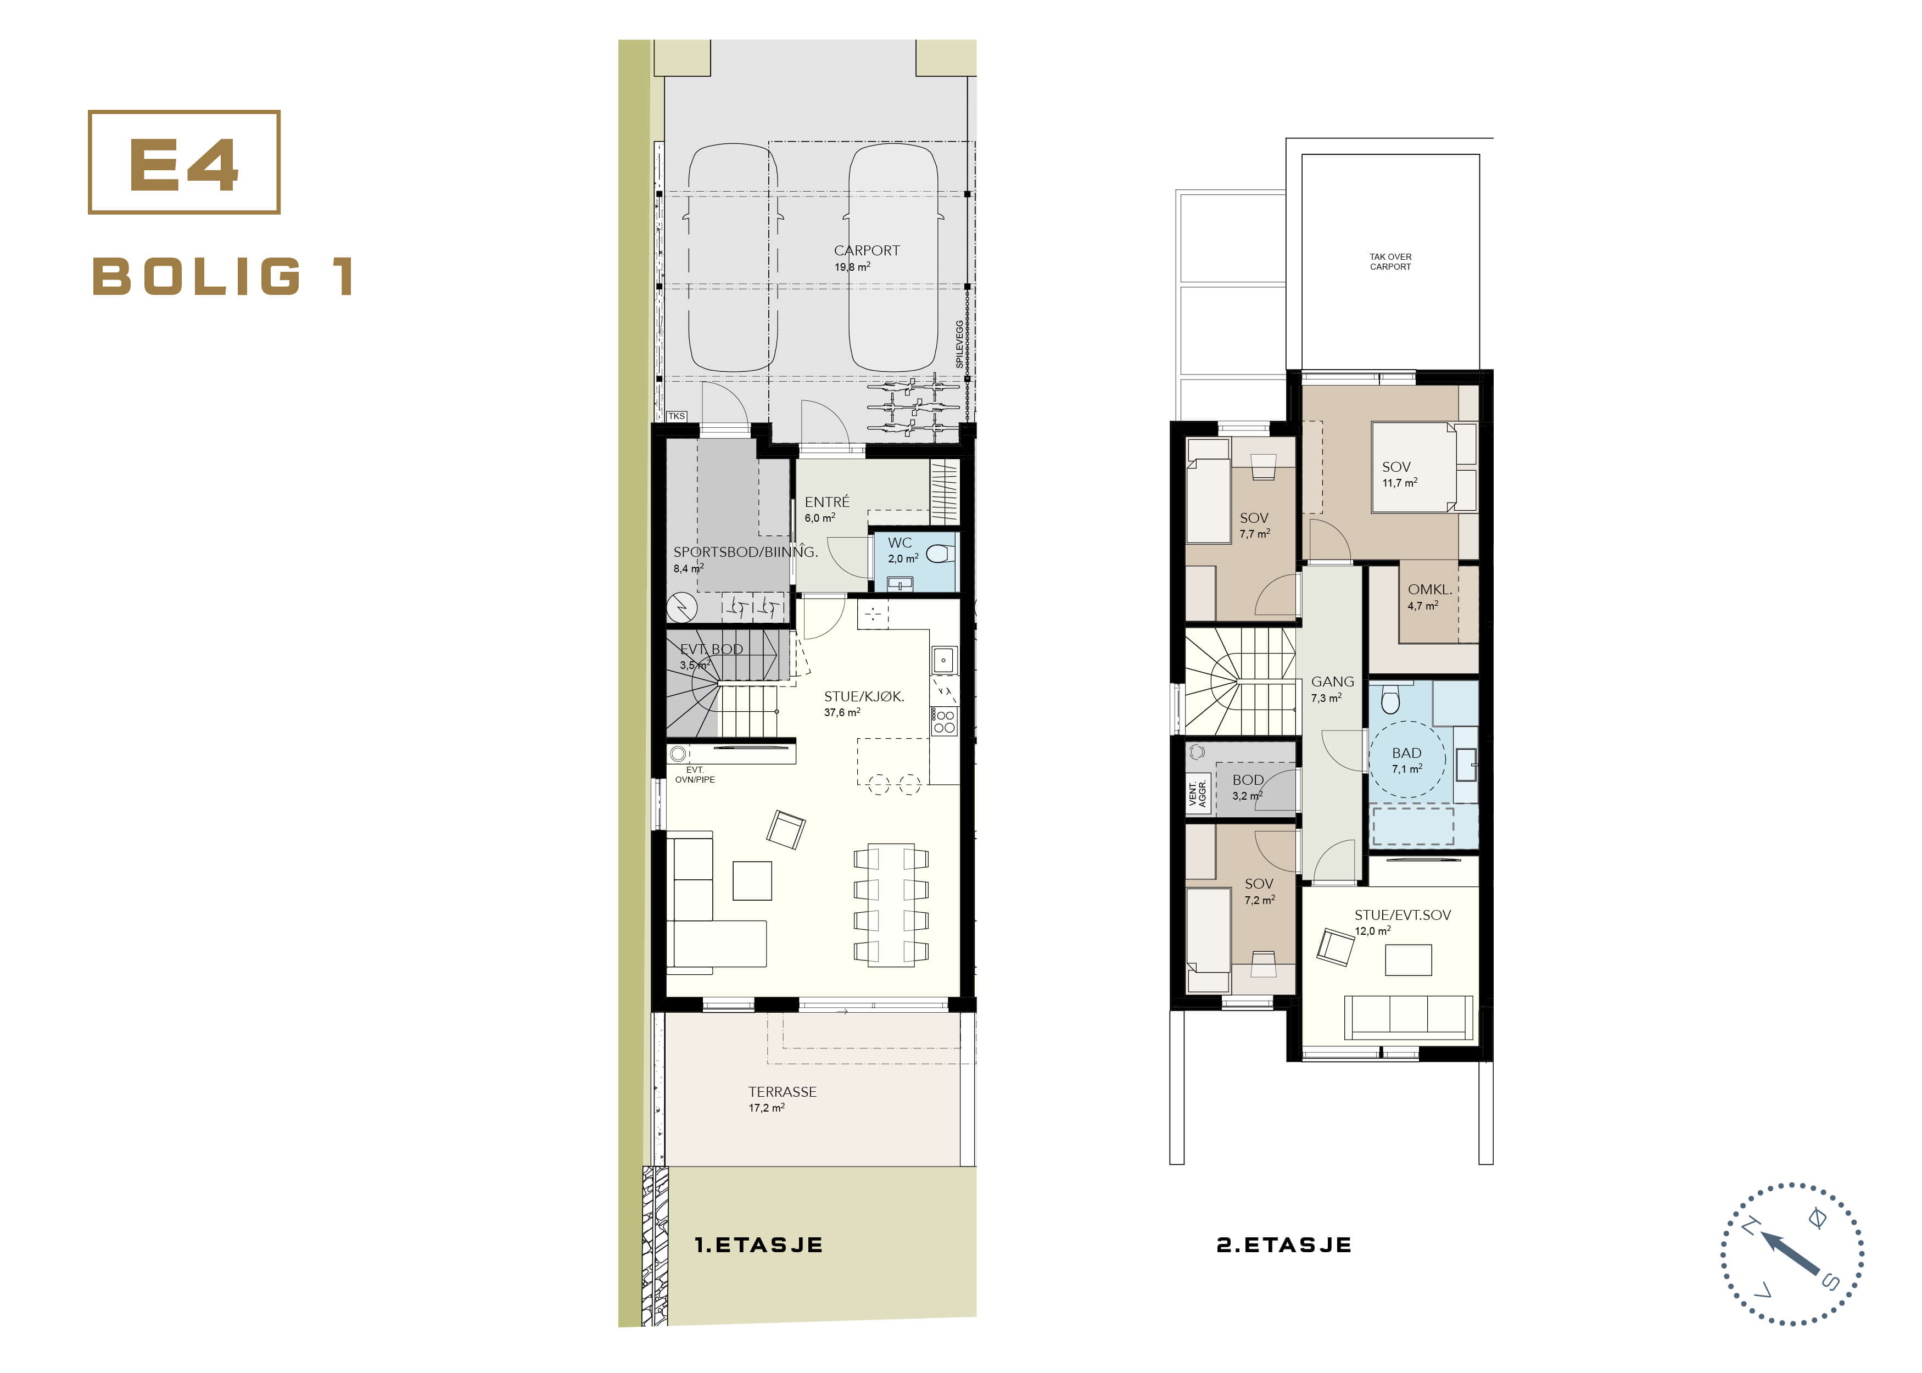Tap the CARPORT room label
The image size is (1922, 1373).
pos(867,250)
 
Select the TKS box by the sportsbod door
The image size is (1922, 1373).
pos(676,416)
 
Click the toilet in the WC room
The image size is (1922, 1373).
pos(940,554)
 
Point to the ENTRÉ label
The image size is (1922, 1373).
pos(826,501)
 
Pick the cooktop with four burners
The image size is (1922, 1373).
pos(944,721)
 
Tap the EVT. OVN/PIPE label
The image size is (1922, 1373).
pos(695,774)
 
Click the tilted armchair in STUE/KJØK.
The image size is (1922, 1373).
pos(785,829)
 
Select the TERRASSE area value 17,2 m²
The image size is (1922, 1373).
pos(766,1108)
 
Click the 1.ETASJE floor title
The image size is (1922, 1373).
pos(758,1244)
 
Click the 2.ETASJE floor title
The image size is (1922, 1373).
pos(1284,1244)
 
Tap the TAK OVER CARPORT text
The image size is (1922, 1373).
pos(1390,261)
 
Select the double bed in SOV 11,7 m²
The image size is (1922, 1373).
pos(1424,467)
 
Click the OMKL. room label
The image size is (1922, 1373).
pos(1429,589)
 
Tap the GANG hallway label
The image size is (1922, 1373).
pos(1332,682)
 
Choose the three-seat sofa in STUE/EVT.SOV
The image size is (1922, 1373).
pos(1408,1017)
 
